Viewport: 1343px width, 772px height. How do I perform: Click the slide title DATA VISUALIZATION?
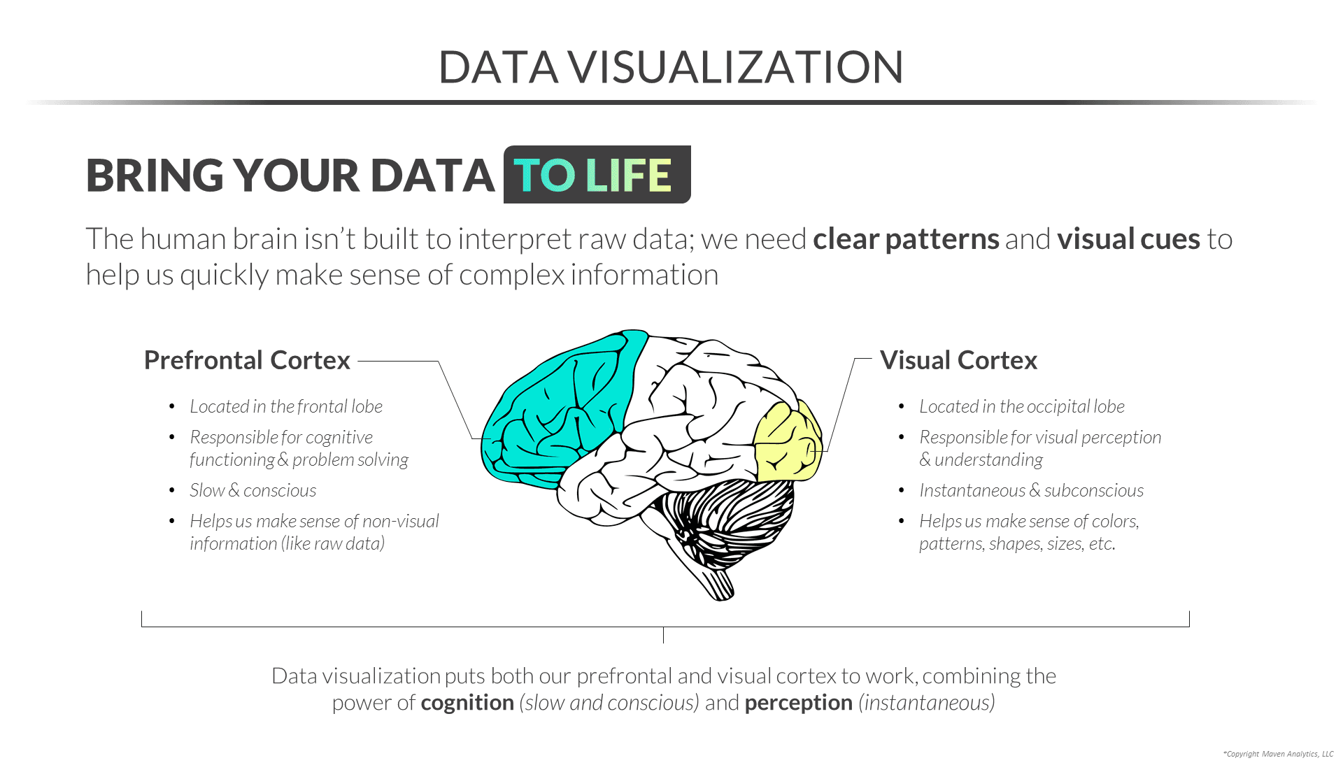(x=671, y=67)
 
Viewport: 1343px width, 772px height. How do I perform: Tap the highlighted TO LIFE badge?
(x=597, y=175)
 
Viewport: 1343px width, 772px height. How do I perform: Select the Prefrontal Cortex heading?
(x=247, y=360)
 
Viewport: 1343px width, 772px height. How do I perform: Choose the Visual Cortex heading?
(x=958, y=360)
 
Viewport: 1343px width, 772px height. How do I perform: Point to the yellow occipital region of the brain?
(x=787, y=441)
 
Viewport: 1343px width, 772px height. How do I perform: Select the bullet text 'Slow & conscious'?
(x=253, y=490)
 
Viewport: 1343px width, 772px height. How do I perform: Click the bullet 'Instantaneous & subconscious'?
(x=1031, y=490)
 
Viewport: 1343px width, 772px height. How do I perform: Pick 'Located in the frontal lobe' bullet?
(x=286, y=406)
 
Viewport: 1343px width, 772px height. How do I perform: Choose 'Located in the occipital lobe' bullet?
(x=1021, y=406)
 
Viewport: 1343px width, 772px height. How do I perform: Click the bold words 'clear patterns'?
(x=906, y=239)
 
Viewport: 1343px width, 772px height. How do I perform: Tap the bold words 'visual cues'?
(x=1128, y=239)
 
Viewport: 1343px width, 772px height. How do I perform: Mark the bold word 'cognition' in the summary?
(x=467, y=703)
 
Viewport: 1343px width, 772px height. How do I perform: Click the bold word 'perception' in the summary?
(x=798, y=703)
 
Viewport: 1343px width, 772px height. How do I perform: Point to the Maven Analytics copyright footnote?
(x=1278, y=754)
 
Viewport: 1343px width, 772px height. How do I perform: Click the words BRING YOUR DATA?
(x=290, y=175)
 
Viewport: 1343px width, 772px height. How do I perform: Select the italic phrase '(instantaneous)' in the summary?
(x=927, y=703)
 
